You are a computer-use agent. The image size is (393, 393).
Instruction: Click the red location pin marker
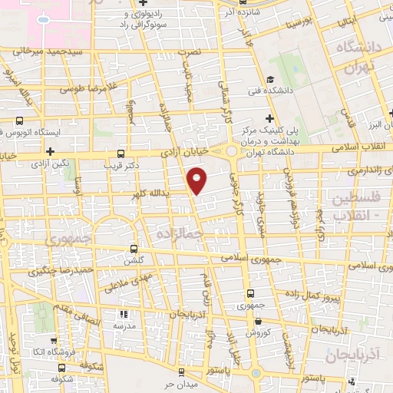(197, 181)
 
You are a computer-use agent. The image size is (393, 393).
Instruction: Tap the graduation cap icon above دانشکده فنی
(270, 79)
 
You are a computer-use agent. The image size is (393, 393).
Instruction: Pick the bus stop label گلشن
(135, 261)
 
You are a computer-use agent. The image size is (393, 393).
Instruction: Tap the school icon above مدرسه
(122, 315)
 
